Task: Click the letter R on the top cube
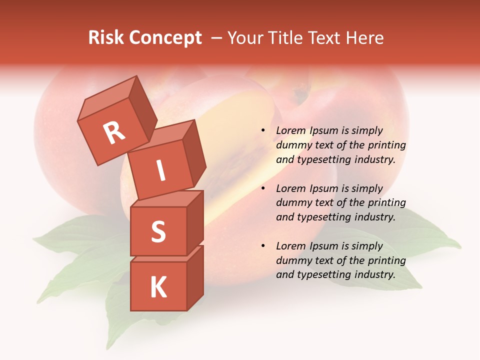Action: (x=114, y=132)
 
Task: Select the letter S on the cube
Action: (x=158, y=231)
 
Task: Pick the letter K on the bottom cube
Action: (x=158, y=287)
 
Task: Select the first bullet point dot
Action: (x=263, y=130)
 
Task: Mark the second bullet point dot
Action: (x=263, y=188)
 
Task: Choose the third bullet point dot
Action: (x=263, y=246)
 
